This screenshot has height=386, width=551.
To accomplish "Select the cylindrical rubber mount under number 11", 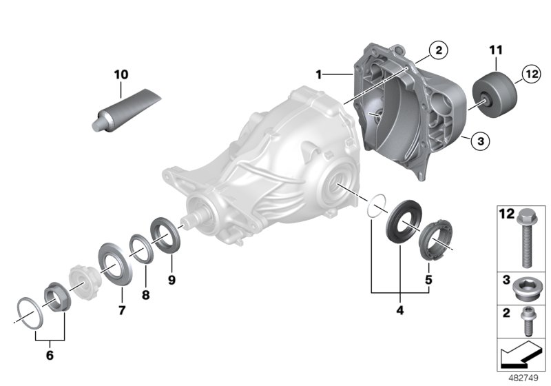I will point(495,93).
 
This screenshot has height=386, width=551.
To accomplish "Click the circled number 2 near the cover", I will point(437,50).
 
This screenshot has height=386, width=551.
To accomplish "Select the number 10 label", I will point(121,73).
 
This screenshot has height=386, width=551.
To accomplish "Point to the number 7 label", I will point(121,311).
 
